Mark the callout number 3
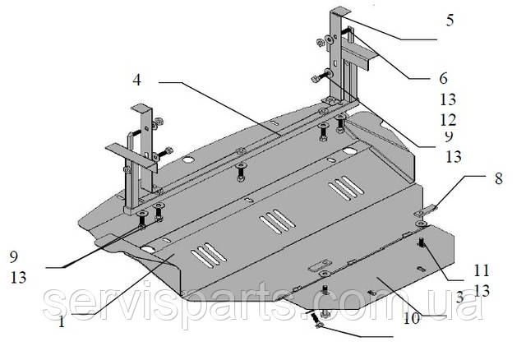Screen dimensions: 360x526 point(461,294)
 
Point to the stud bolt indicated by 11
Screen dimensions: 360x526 point(421,244)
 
